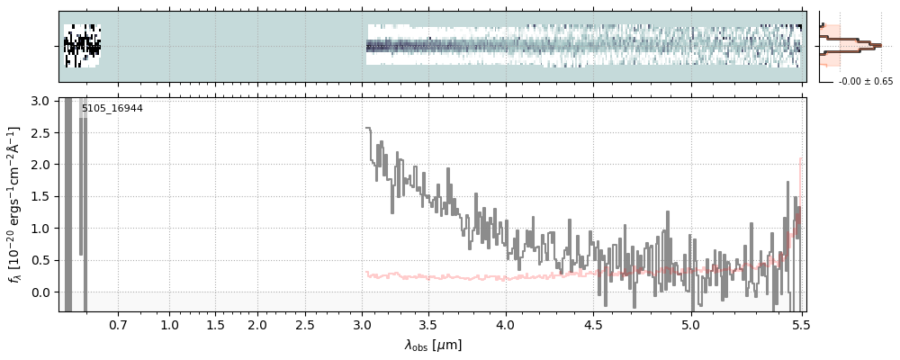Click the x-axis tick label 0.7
tap(118, 324)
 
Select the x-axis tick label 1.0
tap(169, 324)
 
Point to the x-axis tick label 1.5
tap(214, 324)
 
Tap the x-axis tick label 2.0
tap(257, 324)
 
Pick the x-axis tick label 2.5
tap(305, 324)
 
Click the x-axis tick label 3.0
tap(362, 324)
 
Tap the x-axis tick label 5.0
tap(690, 324)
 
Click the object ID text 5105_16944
tap(112, 109)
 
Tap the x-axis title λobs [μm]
tap(433, 345)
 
